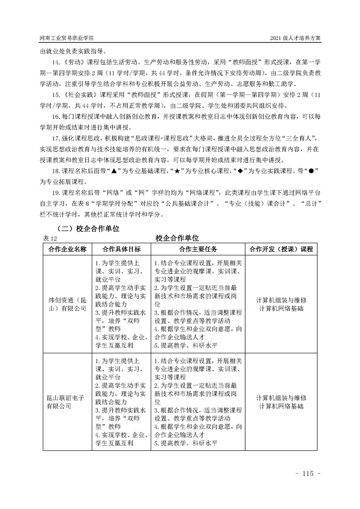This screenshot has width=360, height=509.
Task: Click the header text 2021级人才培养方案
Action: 295,38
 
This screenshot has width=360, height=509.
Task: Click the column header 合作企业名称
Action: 67,249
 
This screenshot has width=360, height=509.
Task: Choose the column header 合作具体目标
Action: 122,249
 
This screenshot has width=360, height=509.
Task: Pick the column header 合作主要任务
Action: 197,249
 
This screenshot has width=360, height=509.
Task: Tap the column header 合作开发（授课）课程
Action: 282,249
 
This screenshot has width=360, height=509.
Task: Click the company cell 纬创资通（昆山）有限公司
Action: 67,304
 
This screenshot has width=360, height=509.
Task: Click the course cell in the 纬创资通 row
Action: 282,304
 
